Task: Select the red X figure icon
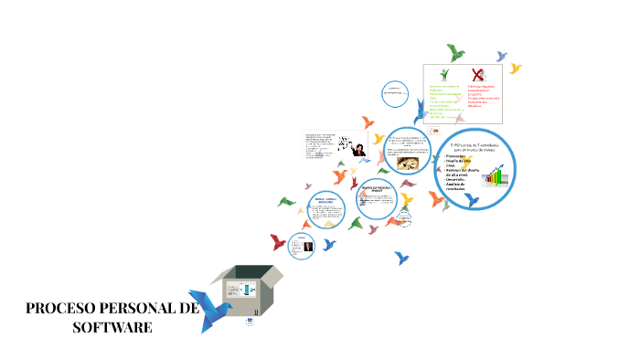(x=477, y=75)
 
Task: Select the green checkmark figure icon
(x=444, y=75)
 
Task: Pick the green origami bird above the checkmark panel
(x=454, y=52)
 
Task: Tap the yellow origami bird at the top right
(x=515, y=69)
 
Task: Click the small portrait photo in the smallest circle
(x=302, y=246)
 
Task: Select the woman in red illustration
(x=360, y=149)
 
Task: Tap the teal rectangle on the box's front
(x=247, y=290)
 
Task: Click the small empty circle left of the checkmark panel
(x=394, y=90)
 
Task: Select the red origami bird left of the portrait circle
(x=277, y=242)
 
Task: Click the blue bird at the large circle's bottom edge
(x=472, y=199)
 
